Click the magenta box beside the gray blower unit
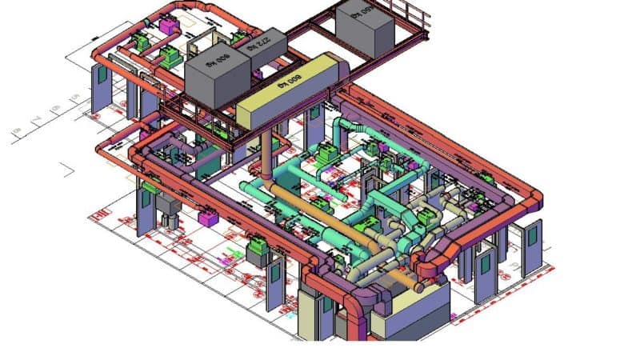tap(206, 218)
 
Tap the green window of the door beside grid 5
tap(101, 74)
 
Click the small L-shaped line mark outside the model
tap(68, 169)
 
